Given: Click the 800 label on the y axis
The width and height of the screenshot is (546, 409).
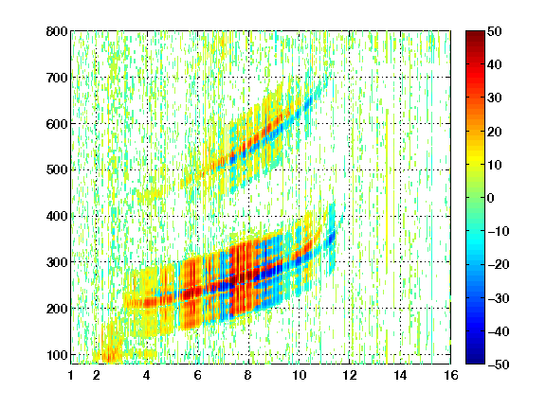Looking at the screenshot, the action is (57, 31).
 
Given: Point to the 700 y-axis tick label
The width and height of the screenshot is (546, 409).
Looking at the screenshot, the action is (57, 78).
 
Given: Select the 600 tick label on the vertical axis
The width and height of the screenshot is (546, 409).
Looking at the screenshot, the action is (57, 124).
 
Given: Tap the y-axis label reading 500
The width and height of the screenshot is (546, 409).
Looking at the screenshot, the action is (57, 170).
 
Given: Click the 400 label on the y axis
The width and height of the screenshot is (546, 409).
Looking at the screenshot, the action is (57, 216).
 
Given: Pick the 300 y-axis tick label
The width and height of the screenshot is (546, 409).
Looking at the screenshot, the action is (57, 262).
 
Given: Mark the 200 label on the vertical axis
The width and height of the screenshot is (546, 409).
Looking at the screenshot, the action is (57, 309).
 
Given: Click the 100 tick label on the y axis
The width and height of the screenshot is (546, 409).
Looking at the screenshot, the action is (57, 355).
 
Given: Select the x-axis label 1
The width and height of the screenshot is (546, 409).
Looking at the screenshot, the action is (71, 375).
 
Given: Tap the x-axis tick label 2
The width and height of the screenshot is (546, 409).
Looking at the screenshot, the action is (97, 375).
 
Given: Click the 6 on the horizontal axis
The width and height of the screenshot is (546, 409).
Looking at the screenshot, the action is (197, 375).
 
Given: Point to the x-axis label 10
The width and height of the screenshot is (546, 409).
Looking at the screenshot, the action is (299, 375).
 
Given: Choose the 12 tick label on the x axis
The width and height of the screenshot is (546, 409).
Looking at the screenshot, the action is (350, 375).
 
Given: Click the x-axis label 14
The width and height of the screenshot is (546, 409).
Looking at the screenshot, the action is (400, 375).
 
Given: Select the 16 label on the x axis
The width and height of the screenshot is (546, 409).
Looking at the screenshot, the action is (451, 375).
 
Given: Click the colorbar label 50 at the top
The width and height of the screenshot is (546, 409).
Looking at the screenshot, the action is (494, 31).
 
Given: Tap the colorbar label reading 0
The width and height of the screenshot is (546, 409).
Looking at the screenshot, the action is (491, 198).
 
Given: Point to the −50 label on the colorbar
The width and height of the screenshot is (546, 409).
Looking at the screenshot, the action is (499, 365).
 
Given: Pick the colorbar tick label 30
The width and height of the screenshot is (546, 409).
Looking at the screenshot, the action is (494, 98).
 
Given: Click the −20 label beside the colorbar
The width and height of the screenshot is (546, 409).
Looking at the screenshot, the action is (499, 265).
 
